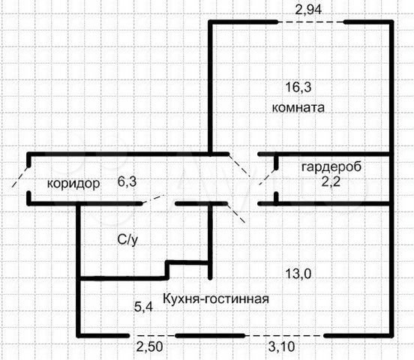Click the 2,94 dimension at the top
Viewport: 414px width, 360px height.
tap(308, 10)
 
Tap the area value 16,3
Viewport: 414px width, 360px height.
tap(298, 88)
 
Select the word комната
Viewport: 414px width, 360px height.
tap(298, 108)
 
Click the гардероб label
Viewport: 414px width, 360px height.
tap(331, 167)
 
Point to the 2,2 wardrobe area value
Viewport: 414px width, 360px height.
tap(331, 181)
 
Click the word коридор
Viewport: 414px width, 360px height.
tap(73, 184)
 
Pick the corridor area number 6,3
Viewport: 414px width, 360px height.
tap(127, 181)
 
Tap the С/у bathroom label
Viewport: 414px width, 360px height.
tap(127, 240)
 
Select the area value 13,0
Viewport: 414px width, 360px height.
tap(298, 274)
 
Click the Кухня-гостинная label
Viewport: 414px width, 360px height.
tap(216, 298)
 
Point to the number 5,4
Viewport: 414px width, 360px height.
tap(144, 307)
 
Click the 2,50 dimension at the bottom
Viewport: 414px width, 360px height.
tap(149, 346)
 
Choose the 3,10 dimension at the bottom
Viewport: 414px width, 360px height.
tap(281, 346)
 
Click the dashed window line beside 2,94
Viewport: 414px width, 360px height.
tap(311, 22)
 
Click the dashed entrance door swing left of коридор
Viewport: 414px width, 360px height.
tap(20, 176)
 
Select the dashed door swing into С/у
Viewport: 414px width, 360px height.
tap(154, 199)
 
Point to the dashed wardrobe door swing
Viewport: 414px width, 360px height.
tap(268, 177)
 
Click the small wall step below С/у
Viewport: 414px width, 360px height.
tap(167, 270)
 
